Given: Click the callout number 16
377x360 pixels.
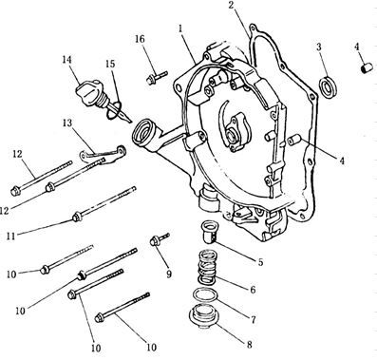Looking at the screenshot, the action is click(x=140, y=39).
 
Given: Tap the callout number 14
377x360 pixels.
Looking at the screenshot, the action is click(x=66, y=60).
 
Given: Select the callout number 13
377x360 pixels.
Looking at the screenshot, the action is click(x=67, y=123).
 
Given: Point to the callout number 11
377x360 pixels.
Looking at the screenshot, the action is click(x=11, y=236).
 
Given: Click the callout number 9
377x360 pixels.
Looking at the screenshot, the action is click(x=169, y=275).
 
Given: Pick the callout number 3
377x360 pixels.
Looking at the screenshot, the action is click(x=319, y=47).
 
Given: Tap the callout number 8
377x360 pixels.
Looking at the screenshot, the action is click(x=250, y=345).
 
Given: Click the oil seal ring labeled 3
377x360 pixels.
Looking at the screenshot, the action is click(x=329, y=85).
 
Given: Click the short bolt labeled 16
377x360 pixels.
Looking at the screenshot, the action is click(x=157, y=77).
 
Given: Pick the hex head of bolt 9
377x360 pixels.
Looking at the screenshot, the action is click(x=155, y=241).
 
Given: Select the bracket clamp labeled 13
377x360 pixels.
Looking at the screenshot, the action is click(x=102, y=154).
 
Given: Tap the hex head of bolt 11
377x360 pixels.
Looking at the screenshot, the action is click(x=76, y=218).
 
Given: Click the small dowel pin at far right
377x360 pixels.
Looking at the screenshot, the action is click(x=368, y=67).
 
